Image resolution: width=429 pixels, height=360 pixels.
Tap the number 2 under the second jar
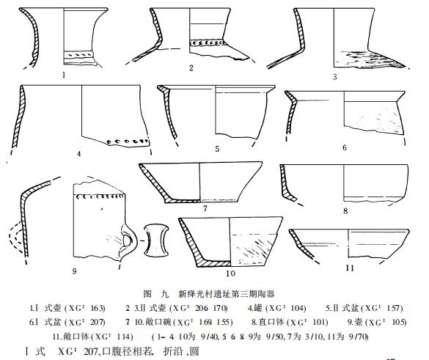pyautogui.click(x=190, y=68)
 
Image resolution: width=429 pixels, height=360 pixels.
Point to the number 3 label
pyautogui.click(x=334, y=76)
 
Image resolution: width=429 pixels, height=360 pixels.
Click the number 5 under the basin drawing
pyautogui.click(x=217, y=149)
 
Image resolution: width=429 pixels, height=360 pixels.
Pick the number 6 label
pyautogui.click(x=344, y=148)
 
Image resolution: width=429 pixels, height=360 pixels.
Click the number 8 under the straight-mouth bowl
pyautogui.click(x=345, y=211)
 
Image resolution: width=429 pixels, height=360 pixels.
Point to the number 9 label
pyautogui.click(x=73, y=271)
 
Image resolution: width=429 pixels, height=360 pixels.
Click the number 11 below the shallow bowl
pyautogui.click(x=349, y=268)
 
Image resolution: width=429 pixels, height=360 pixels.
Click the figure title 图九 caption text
pyautogui.click(x=212, y=293)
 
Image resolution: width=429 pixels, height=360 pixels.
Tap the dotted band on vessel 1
pyautogui.click(x=79, y=54)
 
